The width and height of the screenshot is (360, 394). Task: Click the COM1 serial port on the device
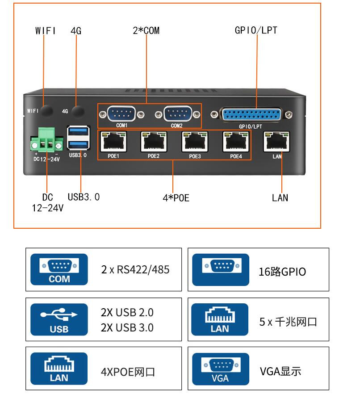tap(121, 114)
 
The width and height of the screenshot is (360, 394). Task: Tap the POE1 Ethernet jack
tap(113, 142)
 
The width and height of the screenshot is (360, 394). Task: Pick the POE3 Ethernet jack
tap(195, 142)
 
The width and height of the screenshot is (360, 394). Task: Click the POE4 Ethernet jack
tap(235, 142)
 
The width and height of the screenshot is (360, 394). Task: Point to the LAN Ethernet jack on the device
tap(277, 142)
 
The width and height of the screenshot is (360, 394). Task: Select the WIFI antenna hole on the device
tap(46, 110)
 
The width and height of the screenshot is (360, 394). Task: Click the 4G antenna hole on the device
tap(79, 111)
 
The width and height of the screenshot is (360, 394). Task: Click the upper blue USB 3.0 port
tap(78, 132)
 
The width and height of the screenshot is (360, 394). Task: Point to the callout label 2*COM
tap(146, 31)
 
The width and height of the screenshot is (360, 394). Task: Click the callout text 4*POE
tap(176, 197)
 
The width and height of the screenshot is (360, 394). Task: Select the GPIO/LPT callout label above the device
tap(256, 30)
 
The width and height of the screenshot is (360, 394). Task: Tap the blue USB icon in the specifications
tap(59, 319)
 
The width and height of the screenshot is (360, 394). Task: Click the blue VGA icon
tap(220, 369)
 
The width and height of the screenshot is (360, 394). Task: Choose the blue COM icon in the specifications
tap(59, 270)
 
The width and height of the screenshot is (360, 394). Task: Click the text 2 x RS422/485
tap(135, 270)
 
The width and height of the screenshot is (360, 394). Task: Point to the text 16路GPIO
tap(282, 272)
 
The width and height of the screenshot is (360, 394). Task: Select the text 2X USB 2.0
tap(127, 312)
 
